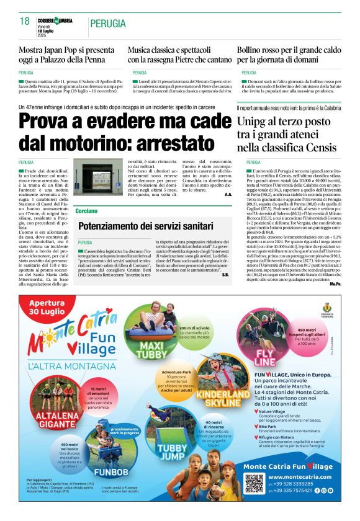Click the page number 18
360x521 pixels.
(x=25, y=22)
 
